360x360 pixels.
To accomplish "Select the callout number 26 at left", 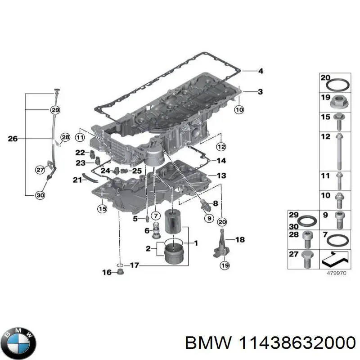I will (x=13, y=139).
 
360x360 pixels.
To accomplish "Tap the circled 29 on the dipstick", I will (x=54, y=110).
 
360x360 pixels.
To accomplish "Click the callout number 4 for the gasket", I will (x=260, y=71).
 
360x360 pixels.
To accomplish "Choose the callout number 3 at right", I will (x=260, y=92).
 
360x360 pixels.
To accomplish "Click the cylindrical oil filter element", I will (x=174, y=222).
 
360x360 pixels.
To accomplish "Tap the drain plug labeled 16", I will (x=120, y=273).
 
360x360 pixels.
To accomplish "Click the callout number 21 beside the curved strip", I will (x=76, y=180).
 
